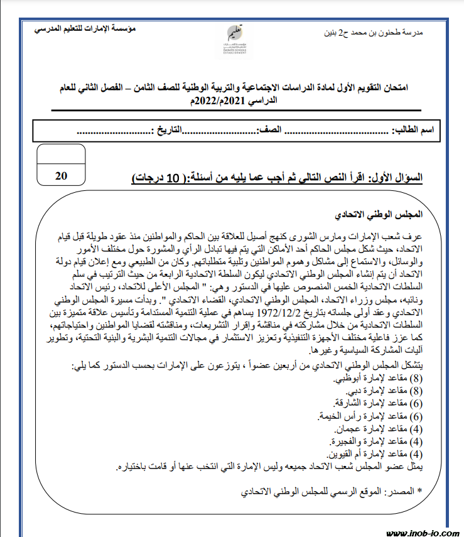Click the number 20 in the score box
tap(62, 176)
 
